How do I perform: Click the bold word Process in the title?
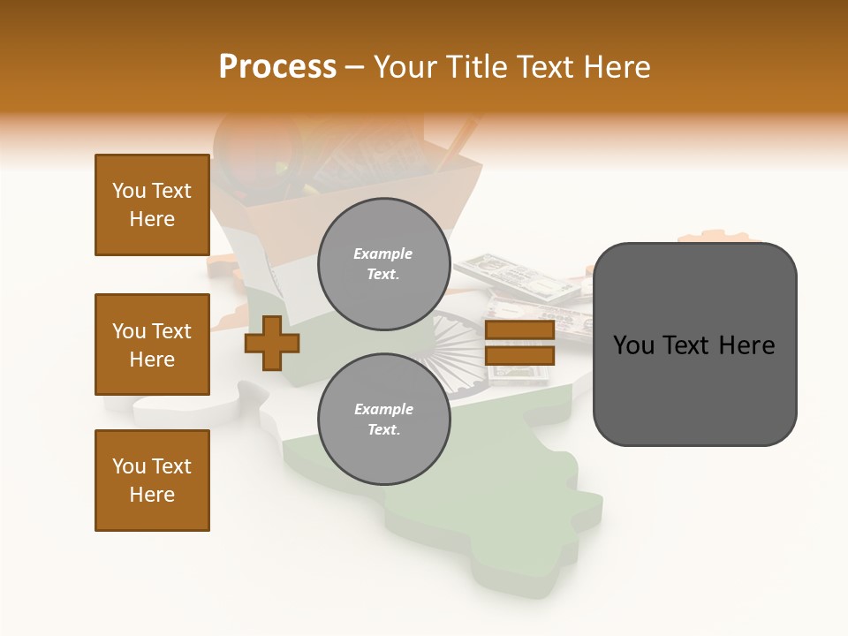point(277,67)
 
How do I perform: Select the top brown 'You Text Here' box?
point(152,205)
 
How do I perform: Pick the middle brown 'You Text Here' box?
point(152,344)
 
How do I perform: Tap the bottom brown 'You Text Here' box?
point(152,481)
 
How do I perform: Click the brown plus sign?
point(272,343)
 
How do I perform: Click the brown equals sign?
point(519,343)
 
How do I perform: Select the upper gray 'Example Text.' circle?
point(383,263)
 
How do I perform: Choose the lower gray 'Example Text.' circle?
point(383,419)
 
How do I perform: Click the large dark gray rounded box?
point(694,344)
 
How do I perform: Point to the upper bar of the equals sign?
point(519,330)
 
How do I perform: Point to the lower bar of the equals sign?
point(519,356)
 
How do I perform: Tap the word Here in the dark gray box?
point(745,345)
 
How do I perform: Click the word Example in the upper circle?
point(383,254)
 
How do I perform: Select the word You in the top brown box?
point(129,191)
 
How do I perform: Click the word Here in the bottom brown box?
point(152,495)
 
